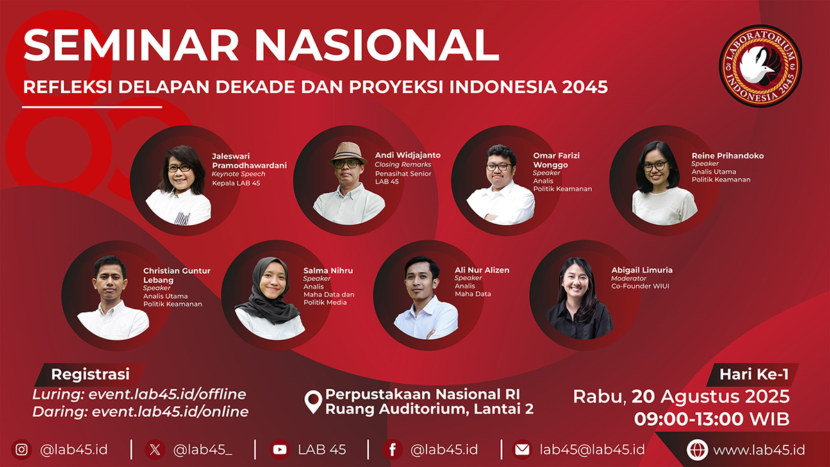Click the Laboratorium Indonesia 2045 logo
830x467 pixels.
tap(760, 65)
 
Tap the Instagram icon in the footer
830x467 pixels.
tap(21, 450)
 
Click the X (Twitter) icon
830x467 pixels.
tap(155, 450)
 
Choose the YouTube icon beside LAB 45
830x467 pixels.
tap(279, 450)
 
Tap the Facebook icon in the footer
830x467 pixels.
tap(392, 450)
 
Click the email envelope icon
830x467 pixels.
tap(522, 450)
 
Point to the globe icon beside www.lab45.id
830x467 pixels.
tap(697, 450)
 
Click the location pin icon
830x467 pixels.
tap(313, 402)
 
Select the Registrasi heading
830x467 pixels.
tap(90, 375)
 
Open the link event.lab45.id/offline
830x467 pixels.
tap(167, 395)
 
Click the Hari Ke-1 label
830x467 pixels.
tap(754, 375)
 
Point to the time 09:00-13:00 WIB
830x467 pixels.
tap(712, 419)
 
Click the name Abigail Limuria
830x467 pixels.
tap(642, 270)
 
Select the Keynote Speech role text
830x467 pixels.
tap(238, 174)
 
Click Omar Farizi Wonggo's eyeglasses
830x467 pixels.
tap(498, 166)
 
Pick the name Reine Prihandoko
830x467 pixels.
tap(727, 156)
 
